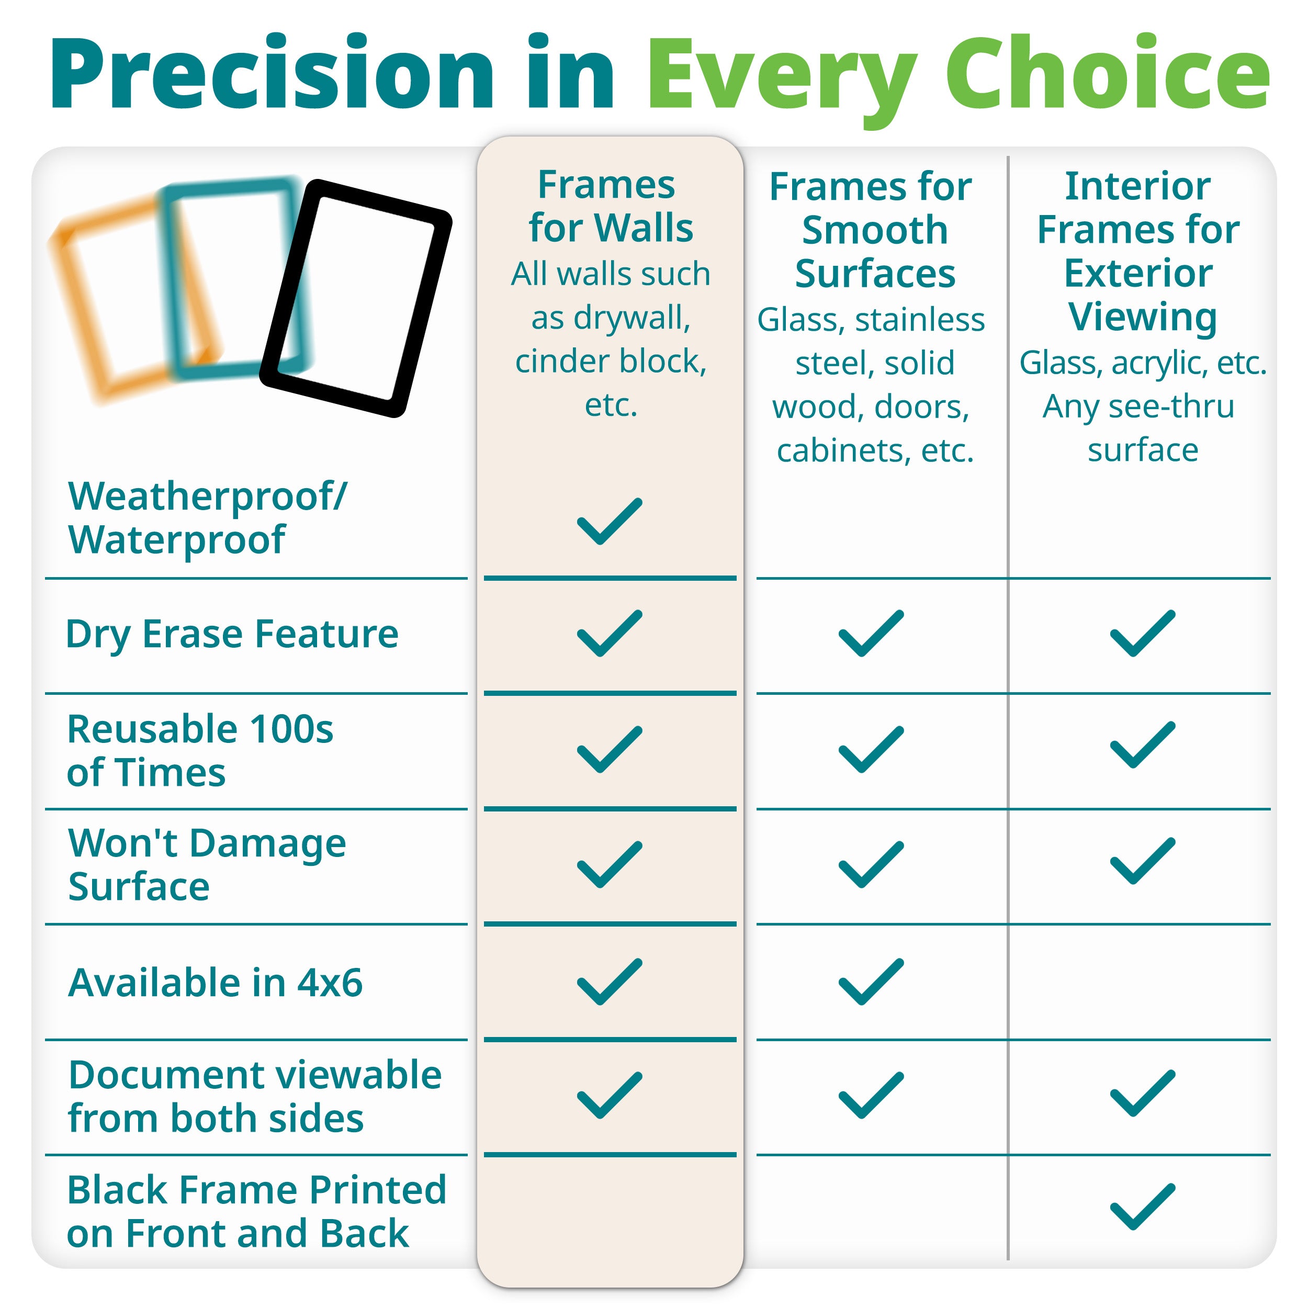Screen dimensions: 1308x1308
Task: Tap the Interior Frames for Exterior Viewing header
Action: click(1139, 251)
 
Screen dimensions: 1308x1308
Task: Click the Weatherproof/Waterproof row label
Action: click(207, 518)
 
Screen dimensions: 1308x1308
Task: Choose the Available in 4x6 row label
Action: click(215, 983)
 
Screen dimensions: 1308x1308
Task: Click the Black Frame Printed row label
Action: click(256, 1211)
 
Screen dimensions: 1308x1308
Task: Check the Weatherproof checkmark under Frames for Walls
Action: click(610, 521)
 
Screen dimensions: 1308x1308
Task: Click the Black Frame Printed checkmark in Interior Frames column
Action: click(1143, 1206)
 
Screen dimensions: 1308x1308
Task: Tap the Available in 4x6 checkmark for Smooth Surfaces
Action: click(871, 982)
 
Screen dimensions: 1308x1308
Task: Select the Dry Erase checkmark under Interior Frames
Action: click(1143, 634)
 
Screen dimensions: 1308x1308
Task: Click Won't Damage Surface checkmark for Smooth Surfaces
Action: click(871, 864)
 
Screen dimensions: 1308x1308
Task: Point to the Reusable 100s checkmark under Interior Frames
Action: click(1143, 745)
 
